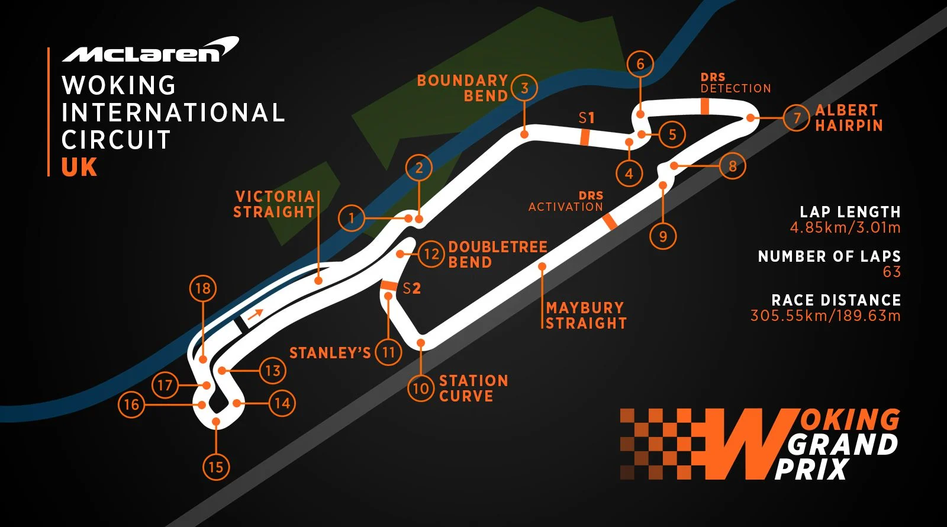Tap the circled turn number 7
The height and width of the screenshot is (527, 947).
coord(797,118)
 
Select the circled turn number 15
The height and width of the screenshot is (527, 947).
coord(215,467)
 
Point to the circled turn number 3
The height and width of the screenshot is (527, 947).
coord(524,88)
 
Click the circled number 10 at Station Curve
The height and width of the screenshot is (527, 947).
coord(421,388)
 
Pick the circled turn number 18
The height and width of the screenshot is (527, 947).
coord(202,288)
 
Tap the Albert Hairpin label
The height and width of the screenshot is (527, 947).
coord(849,118)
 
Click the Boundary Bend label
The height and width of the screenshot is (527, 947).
coord(462,88)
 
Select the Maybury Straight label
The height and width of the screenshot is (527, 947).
coord(585,316)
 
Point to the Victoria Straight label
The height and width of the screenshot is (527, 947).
coord(273,204)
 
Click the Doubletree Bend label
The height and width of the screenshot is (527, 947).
coord(497,255)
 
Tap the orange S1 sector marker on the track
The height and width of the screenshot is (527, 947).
coord(585,137)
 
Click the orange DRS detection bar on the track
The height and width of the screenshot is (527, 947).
coord(705,106)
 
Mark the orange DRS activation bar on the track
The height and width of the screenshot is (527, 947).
coord(609,221)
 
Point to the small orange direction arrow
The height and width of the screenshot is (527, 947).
coord(255,314)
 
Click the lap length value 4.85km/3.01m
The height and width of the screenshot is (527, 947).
coord(845,228)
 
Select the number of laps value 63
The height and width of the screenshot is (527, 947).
coord(891,272)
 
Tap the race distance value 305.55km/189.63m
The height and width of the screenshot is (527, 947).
coord(825,316)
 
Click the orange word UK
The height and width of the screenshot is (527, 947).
coord(79,168)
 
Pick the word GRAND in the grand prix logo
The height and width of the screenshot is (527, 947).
coord(843,445)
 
